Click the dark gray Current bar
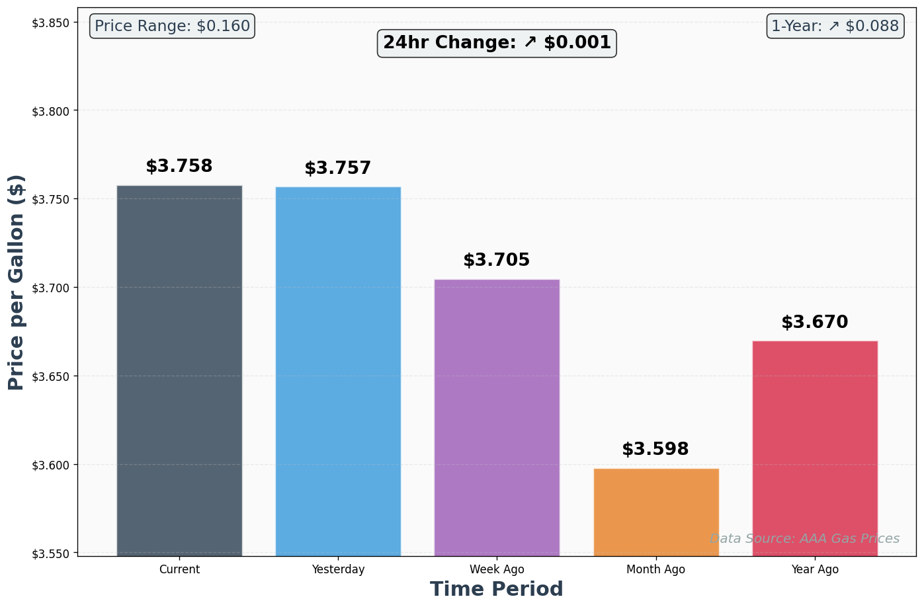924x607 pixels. coord(179,370)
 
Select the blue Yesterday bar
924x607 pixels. coord(338,371)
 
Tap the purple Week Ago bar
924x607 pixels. coord(497,417)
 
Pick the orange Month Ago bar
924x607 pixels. coord(656,512)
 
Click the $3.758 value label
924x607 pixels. coord(179,167)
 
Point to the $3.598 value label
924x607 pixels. coord(655,450)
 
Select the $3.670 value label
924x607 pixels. coord(815,323)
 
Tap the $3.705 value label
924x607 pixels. coord(497,261)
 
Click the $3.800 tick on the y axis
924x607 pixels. coord(51,111)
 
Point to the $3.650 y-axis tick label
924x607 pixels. coord(51,377)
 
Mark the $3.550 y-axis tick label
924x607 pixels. coord(51,553)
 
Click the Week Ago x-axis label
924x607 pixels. coord(497,569)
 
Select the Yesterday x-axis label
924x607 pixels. coord(338,569)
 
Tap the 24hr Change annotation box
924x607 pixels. coord(497,43)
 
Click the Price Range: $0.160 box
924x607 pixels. coord(172,26)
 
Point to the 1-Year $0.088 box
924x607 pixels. coord(835,26)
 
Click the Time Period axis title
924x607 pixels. coord(497,589)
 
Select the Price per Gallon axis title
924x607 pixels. coord(17,282)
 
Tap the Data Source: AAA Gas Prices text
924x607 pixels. coord(804,539)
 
